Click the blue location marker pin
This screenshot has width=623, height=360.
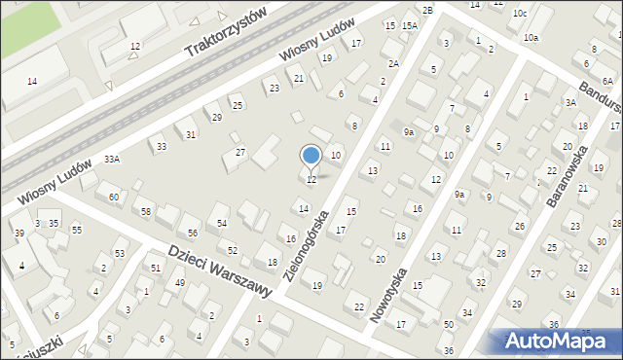coord(311,157)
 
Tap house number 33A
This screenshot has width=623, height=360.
coord(113,159)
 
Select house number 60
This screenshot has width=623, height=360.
coord(114,198)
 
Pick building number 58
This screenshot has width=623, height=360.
coord(146,211)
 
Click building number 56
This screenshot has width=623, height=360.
coord(193,233)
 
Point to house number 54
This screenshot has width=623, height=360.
coord(222,224)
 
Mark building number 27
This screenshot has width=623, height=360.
coord(240,153)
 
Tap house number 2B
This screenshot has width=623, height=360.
coord(426,9)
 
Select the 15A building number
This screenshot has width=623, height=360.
coord(410,26)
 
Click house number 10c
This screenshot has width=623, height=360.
coord(521,13)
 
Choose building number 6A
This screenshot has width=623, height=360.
coord(606,84)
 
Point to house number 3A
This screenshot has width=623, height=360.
coord(571,102)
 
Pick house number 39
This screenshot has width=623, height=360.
coord(18,233)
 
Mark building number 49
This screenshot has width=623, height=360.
coord(180,283)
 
